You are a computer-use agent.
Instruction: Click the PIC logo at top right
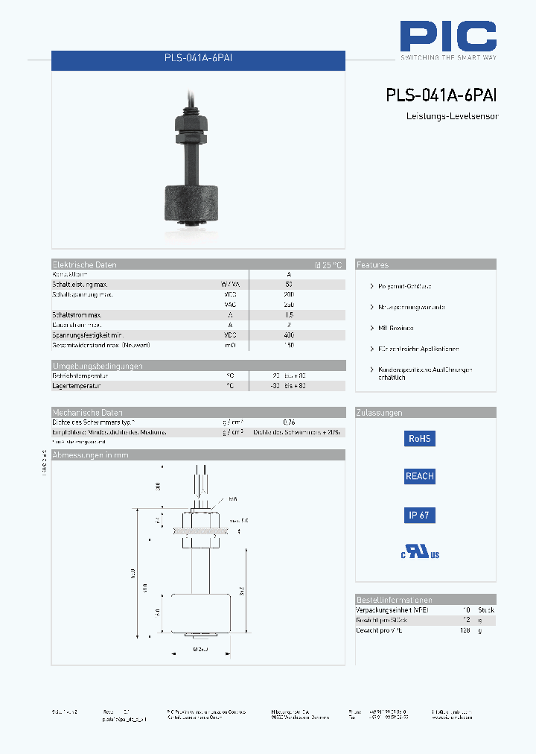tap(448, 37)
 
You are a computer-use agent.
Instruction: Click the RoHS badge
tap(419, 439)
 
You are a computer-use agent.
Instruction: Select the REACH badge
tap(419, 476)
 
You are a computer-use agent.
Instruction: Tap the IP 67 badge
tap(419, 515)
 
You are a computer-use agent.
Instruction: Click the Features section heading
tap(372, 264)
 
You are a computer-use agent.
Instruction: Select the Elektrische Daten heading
tap(84, 264)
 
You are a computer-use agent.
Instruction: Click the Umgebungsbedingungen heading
tap(98, 366)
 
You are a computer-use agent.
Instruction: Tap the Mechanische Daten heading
tap(87, 413)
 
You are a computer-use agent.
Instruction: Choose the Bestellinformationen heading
tap(394, 600)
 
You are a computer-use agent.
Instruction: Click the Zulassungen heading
tap(379, 413)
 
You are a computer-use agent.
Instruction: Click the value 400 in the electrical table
tap(289, 335)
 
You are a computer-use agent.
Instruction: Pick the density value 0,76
tap(289, 422)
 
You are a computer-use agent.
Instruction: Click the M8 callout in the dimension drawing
tap(233, 499)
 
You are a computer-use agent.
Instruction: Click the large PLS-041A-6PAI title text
tap(441, 95)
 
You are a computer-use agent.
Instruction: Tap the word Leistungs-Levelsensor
tap(451, 117)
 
